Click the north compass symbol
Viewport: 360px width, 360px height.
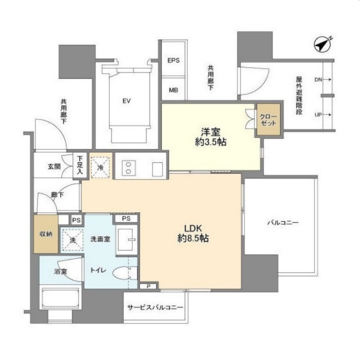(323, 44)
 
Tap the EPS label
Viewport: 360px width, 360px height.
(173, 61)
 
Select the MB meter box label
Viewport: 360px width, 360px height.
(173, 90)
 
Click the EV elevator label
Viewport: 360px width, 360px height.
(126, 101)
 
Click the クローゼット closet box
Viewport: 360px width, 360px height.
(269, 119)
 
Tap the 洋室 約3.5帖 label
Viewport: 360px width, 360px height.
(210, 137)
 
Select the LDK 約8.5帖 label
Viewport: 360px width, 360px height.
(193, 233)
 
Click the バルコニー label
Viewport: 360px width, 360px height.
(283, 222)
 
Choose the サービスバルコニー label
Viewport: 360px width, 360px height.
(155, 307)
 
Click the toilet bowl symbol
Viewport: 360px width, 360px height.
(124, 273)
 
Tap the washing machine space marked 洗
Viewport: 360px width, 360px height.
(72, 239)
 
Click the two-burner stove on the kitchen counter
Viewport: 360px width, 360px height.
(129, 168)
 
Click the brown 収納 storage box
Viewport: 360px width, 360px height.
(46, 234)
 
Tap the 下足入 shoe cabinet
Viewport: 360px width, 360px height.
(80, 165)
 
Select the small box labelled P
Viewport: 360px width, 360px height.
(148, 286)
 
